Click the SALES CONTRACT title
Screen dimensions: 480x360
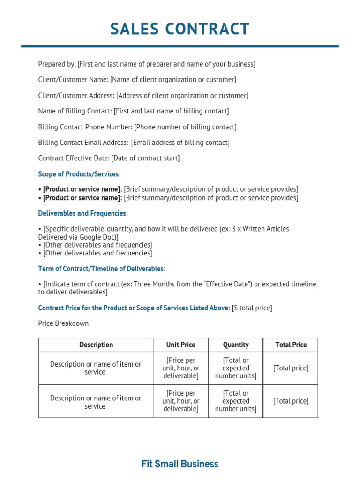point(180,29)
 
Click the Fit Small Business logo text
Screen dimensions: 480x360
point(180,464)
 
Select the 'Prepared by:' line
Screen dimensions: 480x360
point(147,64)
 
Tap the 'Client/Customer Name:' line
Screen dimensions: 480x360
point(137,80)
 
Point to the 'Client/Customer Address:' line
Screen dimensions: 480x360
point(143,96)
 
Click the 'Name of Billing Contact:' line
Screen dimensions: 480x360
point(134,111)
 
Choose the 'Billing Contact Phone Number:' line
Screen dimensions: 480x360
point(137,127)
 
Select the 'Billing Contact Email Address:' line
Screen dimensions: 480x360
point(134,142)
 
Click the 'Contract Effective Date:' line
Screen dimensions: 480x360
point(109,158)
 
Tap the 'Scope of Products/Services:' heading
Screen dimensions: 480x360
point(79,174)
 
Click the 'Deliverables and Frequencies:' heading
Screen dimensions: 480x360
point(83,213)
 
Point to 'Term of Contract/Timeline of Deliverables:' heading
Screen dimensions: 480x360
point(102,269)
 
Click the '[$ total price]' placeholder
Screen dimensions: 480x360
point(252,308)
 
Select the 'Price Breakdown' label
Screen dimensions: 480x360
point(63,323)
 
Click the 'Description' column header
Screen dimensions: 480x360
point(96,345)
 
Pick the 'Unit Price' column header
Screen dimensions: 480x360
point(180,345)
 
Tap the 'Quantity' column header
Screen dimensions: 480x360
point(236,345)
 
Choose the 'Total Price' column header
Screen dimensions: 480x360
point(291,345)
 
